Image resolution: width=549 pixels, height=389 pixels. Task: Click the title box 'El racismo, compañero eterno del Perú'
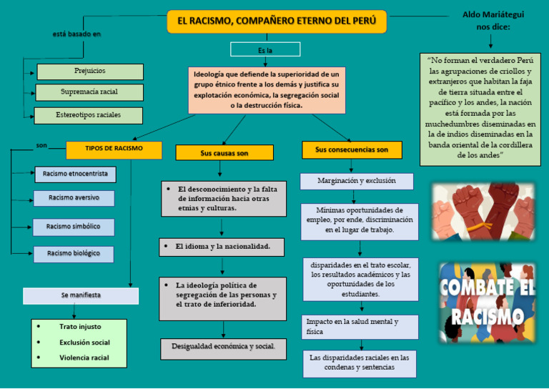click(x=277, y=21)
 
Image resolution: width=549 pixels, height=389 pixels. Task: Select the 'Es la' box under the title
click(x=265, y=50)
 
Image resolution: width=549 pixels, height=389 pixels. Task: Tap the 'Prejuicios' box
click(x=90, y=72)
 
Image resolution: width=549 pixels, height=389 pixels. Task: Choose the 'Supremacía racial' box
click(x=90, y=92)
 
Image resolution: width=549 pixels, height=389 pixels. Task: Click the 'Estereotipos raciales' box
click(x=89, y=115)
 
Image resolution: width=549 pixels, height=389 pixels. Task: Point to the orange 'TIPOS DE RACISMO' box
click(x=114, y=149)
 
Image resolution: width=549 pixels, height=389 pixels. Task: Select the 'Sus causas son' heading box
click(x=224, y=153)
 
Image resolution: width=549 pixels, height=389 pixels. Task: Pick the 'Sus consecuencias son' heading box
click(x=352, y=150)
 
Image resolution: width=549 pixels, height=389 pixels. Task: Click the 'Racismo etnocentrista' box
click(x=75, y=174)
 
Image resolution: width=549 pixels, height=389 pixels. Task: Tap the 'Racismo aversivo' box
click(x=74, y=198)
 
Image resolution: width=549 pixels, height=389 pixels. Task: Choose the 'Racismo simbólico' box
click(x=74, y=227)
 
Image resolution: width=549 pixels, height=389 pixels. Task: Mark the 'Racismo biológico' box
click(x=74, y=254)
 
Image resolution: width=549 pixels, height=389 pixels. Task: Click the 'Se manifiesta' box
click(x=81, y=295)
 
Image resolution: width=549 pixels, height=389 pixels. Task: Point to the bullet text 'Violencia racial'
click(x=84, y=358)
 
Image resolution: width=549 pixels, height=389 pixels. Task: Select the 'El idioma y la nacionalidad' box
click(x=222, y=247)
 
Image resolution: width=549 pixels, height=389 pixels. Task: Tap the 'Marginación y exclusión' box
click(x=357, y=182)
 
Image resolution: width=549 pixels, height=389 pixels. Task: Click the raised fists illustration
click(x=483, y=211)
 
